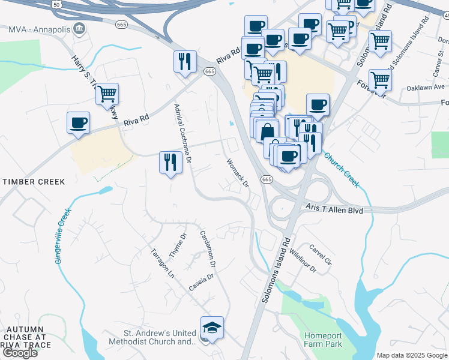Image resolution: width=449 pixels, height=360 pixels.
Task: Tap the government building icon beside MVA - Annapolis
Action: point(79,29)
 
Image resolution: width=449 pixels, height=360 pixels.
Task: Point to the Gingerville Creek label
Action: point(62,236)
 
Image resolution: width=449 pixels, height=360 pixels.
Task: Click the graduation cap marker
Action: point(212,328)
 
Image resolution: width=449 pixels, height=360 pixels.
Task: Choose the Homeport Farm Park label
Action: point(323,340)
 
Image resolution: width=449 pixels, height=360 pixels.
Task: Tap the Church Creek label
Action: point(343,170)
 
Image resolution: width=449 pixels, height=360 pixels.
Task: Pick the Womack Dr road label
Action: point(238,173)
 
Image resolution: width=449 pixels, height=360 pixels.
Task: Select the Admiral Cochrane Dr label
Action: point(182,134)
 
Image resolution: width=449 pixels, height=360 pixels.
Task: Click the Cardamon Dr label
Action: point(208,248)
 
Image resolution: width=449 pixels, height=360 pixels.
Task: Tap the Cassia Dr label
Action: point(201,280)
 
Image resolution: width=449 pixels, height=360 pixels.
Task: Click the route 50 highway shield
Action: point(56,4)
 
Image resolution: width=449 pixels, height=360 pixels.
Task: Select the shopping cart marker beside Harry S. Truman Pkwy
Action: point(107,94)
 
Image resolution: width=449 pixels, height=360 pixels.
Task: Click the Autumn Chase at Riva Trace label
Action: point(25,337)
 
